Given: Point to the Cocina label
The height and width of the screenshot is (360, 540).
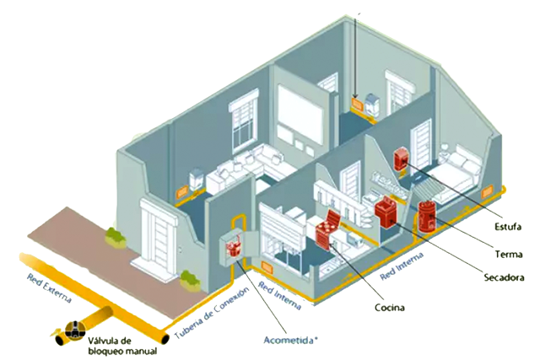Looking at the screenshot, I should [390, 308].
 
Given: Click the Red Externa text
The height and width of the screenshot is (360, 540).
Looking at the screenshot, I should [49, 288].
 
